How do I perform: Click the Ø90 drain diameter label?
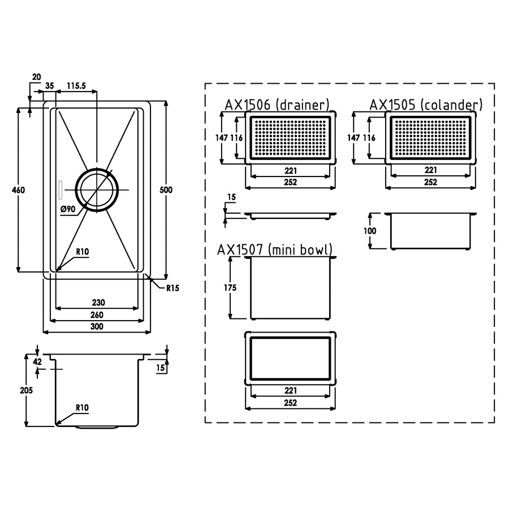click(68, 209)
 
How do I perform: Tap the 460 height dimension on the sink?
click(18, 190)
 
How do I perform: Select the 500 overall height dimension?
click(166, 190)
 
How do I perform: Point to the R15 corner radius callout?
click(172, 288)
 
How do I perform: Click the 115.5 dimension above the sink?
click(76, 86)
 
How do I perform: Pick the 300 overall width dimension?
click(97, 326)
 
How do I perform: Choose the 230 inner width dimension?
click(98, 303)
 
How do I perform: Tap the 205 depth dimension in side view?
click(26, 390)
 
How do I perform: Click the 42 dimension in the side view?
click(38, 361)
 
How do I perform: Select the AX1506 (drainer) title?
click(277, 105)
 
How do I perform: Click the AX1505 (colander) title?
click(426, 105)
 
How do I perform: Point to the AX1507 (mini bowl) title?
click(275, 250)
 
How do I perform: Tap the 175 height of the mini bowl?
click(230, 288)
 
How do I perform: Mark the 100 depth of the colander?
click(370, 231)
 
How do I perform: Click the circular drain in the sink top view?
click(97, 190)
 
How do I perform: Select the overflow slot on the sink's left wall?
click(60, 190)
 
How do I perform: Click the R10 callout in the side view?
click(82, 408)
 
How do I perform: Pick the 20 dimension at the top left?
click(37, 77)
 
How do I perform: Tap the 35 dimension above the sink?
click(49, 86)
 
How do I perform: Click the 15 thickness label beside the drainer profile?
click(231, 197)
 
